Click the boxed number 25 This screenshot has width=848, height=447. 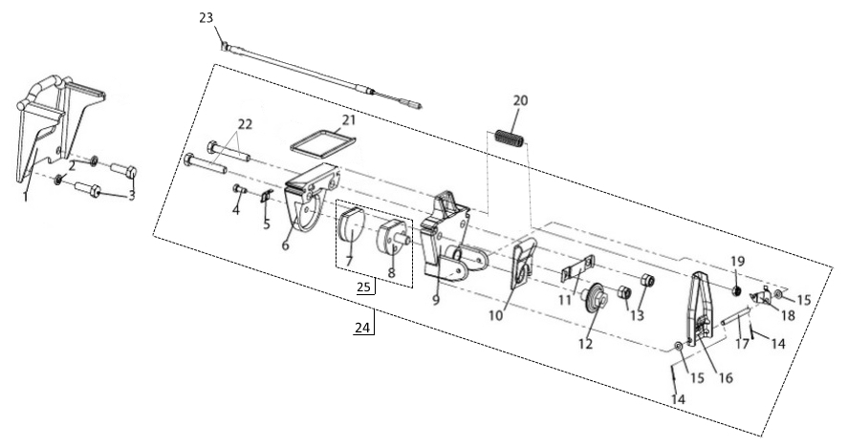pos(362,287)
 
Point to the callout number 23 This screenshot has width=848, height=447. pos(207,18)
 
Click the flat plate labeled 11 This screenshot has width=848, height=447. pos(578,270)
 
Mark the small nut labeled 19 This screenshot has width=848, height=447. pos(737,289)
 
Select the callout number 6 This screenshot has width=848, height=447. pos(286,245)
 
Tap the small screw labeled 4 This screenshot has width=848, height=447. pos(239,189)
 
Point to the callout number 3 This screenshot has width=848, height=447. pos(132,195)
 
